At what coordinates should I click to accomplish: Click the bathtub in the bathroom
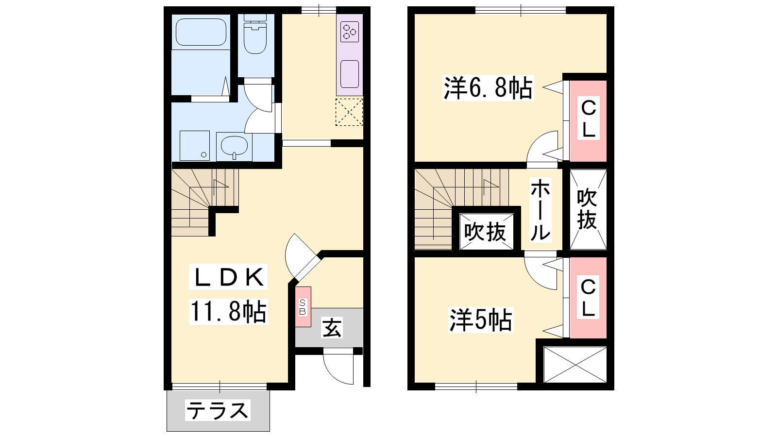tap(201, 32)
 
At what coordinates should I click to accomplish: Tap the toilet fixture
tap(255, 34)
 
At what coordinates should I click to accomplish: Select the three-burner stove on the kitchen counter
tap(349, 32)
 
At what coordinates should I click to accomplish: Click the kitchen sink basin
tap(349, 74)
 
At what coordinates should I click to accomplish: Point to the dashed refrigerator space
tap(349, 112)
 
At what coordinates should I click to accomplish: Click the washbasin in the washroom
tap(234, 146)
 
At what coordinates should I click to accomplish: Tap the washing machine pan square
tap(195, 146)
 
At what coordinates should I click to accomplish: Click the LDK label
tap(228, 277)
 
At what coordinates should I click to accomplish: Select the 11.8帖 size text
tap(229, 311)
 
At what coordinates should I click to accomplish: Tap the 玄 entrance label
tap(332, 327)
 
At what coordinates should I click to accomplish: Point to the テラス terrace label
tap(218, 410)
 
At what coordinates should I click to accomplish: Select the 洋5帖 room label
tap(481, 320)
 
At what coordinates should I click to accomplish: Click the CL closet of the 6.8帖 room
tap(588, 121)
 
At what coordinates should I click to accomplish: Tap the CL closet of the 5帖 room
tap(588, 298)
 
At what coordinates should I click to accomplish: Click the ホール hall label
tap(540, 210)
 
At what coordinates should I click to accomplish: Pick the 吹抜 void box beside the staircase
tap(486, 231)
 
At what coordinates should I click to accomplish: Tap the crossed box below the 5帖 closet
tap(575, 365)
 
